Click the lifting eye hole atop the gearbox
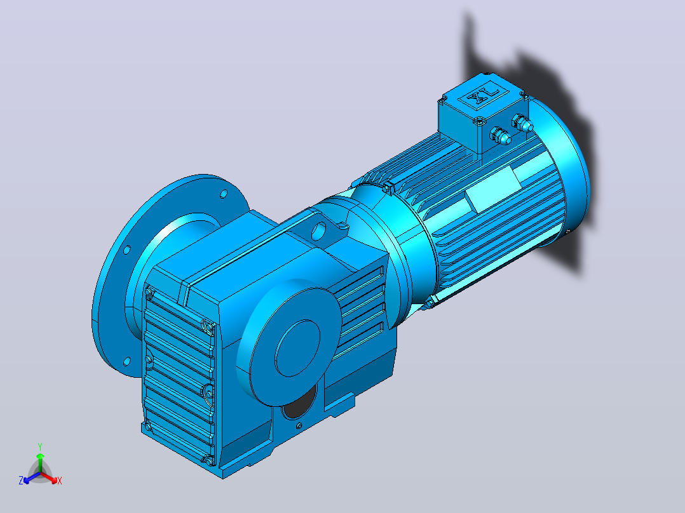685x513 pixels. (319, 231)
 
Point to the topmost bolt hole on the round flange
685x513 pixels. (223, 194)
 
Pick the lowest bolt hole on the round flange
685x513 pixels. (127, 361)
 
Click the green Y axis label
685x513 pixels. (40, 447)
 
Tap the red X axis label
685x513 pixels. (60, 481)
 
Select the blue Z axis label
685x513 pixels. (21, 481)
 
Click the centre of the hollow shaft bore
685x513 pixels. (297, 348)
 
